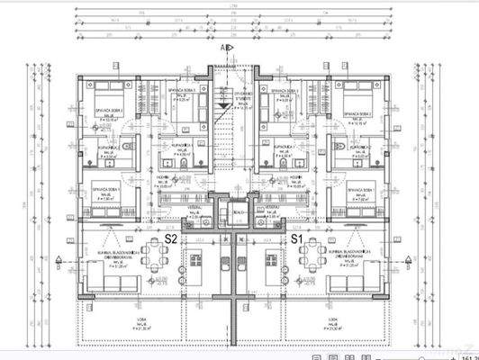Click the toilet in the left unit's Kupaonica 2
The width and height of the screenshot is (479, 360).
[131, 146]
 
